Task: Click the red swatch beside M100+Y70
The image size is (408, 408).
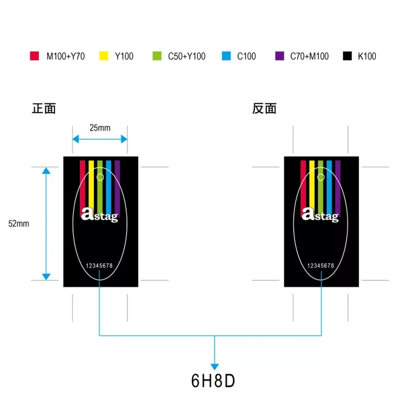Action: [x=35, y=56]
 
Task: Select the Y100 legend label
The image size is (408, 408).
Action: [x=124, y=56]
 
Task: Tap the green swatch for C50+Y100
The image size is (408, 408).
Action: [x=157, y=56]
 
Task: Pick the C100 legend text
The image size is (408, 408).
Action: [x=246, y=56]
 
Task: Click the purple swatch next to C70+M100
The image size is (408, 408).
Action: [x=279, y=56]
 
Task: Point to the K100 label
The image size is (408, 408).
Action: [x=367, y=56]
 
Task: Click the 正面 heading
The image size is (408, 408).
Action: [x=44, y=109]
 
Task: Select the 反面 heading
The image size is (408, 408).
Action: [x=264, y=109]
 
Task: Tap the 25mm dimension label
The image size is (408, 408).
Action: [x=100, y=128]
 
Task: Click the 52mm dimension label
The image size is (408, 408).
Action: [x=19, y=223]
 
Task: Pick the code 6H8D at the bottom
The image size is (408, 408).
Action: [x=213, y=381]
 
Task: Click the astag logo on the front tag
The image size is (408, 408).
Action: [x=99, y=215]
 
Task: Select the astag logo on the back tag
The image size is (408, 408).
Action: [x=320, y=215]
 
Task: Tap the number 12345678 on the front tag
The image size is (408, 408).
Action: [x=99, y=266]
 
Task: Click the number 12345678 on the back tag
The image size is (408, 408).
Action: [x=321, y=266]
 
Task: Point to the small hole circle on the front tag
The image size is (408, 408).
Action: [x=100, y=177]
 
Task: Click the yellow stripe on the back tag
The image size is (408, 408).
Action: [x=312, y=184]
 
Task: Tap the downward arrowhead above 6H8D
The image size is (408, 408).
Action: [x=215, y=366]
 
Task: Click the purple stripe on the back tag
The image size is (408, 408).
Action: [x=338, y=184]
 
